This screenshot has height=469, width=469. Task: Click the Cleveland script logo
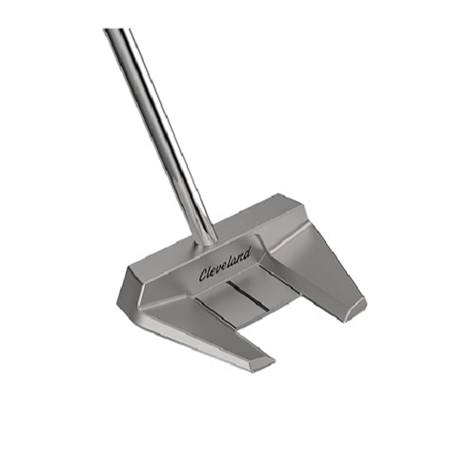[225, 264]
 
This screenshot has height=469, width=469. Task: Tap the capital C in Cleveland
[203, 275]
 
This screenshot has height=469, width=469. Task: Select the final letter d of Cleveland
[247, 253]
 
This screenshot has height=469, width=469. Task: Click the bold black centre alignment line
[249, 296]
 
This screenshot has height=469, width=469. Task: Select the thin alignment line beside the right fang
[278, 277]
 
